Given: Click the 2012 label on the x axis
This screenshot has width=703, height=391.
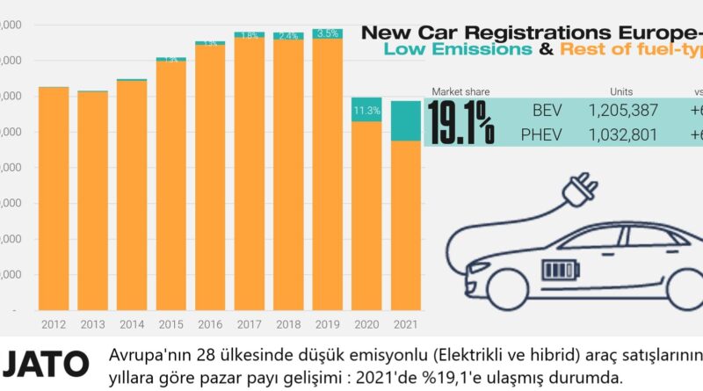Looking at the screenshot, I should [54, 324].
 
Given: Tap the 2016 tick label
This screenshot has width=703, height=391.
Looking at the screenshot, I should [210, 324].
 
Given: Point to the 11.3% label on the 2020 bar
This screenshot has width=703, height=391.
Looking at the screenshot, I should [366, 111].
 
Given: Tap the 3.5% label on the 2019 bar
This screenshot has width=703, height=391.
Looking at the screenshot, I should [327, 33].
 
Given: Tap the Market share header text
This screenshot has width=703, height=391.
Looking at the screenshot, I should [460, 91].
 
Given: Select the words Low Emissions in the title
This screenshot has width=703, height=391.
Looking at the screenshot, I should [457, 50].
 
